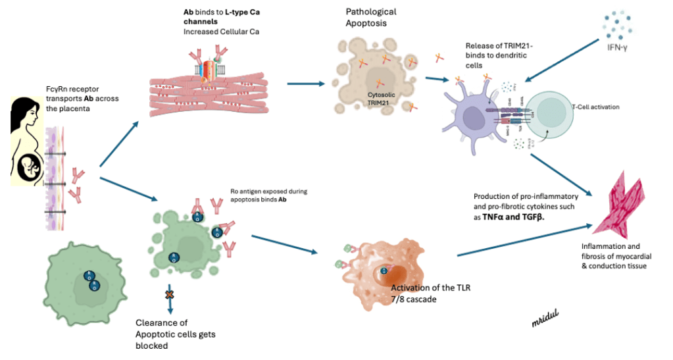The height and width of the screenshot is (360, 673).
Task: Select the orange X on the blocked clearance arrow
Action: click(169, 294)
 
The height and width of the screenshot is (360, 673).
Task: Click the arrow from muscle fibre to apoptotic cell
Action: click(306, 84)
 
